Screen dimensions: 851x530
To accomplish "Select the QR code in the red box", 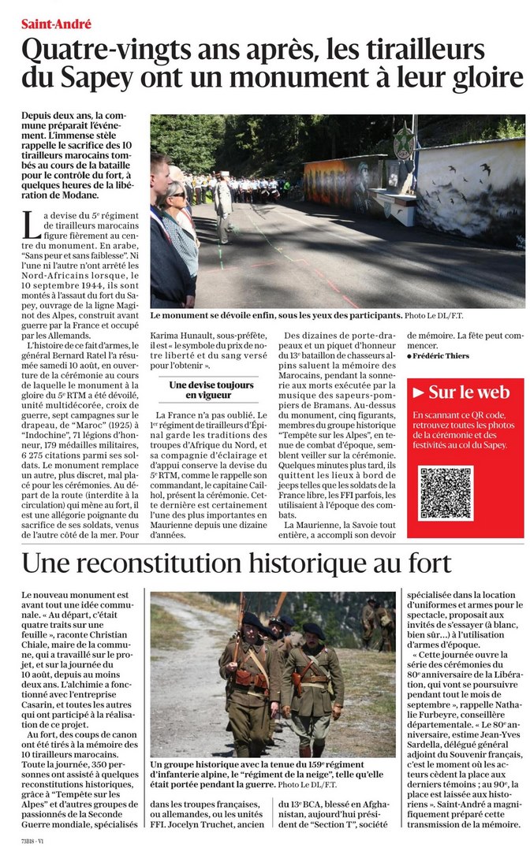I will (446, 494).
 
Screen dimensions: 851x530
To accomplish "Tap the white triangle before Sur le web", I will (420, 392).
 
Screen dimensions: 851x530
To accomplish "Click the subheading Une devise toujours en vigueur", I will (211, 390).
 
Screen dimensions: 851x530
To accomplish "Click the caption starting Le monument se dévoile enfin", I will (276, 316).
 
